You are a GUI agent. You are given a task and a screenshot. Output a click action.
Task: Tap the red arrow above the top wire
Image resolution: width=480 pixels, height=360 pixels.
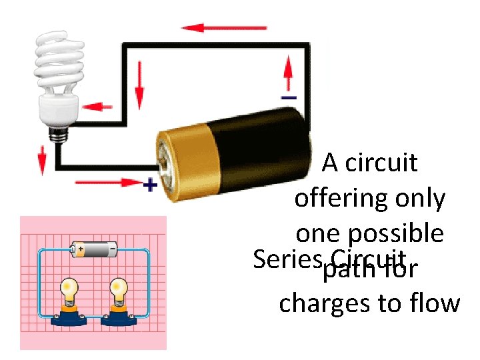(224, 28)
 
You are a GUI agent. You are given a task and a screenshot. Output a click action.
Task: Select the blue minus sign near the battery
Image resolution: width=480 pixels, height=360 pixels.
(289, 97)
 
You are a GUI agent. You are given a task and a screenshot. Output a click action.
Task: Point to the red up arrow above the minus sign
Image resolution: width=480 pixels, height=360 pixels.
(289, 74)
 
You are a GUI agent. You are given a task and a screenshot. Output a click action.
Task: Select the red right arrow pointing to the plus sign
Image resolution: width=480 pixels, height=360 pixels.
(107, 181)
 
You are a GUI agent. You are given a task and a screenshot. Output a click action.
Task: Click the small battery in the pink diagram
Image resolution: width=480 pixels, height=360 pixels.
(93, 249)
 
